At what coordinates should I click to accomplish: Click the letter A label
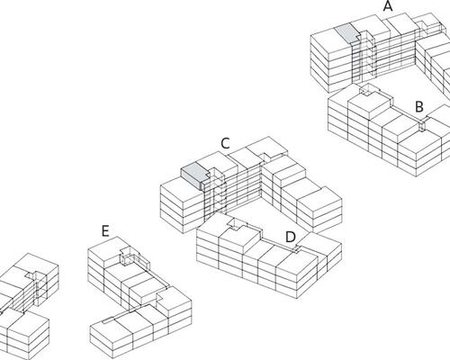pyautogui.click(x=388, y=6)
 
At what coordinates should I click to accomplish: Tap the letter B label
pyautogui.click(x=419, y=107)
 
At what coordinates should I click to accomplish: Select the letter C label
pyautogui.click(x=225, y=143)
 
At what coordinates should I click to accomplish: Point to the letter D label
pyautogui.click(x=290, y=237)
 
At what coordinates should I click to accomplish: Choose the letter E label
pyautogui.click(x=105, y=231)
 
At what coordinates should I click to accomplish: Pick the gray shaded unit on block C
pyautogui.click(x=194, y=176)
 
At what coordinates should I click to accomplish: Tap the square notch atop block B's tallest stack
pyautogui.click(x=366, y=90)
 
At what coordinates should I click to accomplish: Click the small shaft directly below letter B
pyautogui.click(x=421, y=125)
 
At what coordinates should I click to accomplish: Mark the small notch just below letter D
pyautogui.click(x=297, y=249)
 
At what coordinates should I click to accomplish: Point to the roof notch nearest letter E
pyautogui.click(x=128, y=255)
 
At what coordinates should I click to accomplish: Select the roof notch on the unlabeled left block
pyautogui.click(x=31, y=274)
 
